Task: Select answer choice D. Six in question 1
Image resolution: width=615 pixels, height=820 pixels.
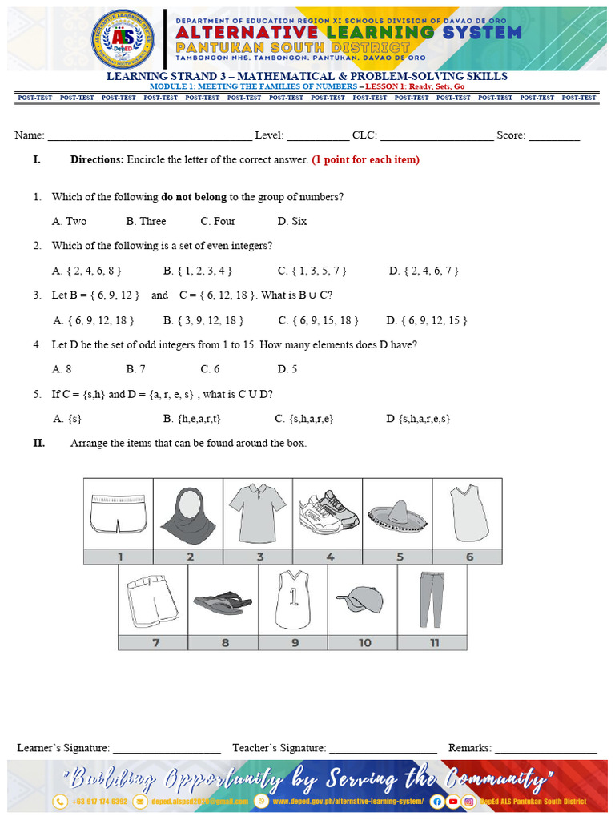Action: pos(292,221)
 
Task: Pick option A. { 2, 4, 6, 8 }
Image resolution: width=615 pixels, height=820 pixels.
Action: pos(87,271)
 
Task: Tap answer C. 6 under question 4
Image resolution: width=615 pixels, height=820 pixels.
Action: pos(210,369)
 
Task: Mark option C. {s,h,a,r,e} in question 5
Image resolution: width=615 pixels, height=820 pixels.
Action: pos(304,418)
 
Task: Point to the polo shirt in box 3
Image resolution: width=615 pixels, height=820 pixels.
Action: pos(257,512)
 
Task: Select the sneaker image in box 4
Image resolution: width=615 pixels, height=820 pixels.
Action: pos(328,512)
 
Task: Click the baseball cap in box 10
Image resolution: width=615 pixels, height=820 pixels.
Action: pos(362,599)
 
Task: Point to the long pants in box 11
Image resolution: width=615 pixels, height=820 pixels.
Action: pos(432,599)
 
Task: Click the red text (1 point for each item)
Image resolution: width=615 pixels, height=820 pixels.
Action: pos(365,159)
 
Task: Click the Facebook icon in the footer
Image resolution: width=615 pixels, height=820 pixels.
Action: pos(437,801)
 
